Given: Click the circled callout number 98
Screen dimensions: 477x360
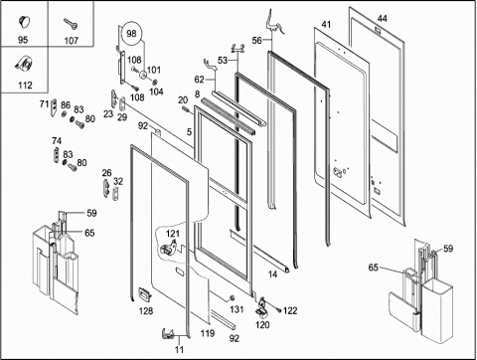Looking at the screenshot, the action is click(x=131, y=34).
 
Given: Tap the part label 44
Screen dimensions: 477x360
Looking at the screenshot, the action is click(x=382, y=19).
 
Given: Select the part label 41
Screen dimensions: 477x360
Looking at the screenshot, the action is click(x=326, y=25).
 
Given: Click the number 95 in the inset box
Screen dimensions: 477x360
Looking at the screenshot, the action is click(x=23, y=40).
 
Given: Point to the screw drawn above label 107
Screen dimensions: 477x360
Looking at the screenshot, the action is click(x=71, y=24).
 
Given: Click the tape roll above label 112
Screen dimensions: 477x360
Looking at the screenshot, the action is click(x=24, y=64).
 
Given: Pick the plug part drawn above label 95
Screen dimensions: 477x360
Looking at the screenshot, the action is click(x=24, y=21).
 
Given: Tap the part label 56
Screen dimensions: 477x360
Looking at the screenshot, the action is click(x=257, y=41).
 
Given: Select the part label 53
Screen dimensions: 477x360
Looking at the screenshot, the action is click(x=223, y=61).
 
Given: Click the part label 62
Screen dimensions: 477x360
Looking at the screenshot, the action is click(x=199, y=80).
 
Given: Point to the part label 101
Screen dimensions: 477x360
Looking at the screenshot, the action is click(x=154, y=70).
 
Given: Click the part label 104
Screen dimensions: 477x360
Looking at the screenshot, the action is click(x=156, y=91).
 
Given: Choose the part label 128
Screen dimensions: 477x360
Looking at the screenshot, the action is click(x=146, y=311).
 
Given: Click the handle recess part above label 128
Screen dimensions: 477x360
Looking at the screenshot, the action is click(x=144, y=294).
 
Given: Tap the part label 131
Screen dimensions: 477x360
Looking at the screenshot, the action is click(x=237, y=309).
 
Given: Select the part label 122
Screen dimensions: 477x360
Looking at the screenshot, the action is click(x=290, y=310).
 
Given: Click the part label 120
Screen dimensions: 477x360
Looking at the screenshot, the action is click(x=262, y=325).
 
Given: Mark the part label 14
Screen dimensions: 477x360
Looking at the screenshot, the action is click(x=272, y=274).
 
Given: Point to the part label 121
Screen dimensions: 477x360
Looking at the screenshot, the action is click(x=173, y=234).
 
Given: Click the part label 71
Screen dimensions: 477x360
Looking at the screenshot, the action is click(x=44, y=104).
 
